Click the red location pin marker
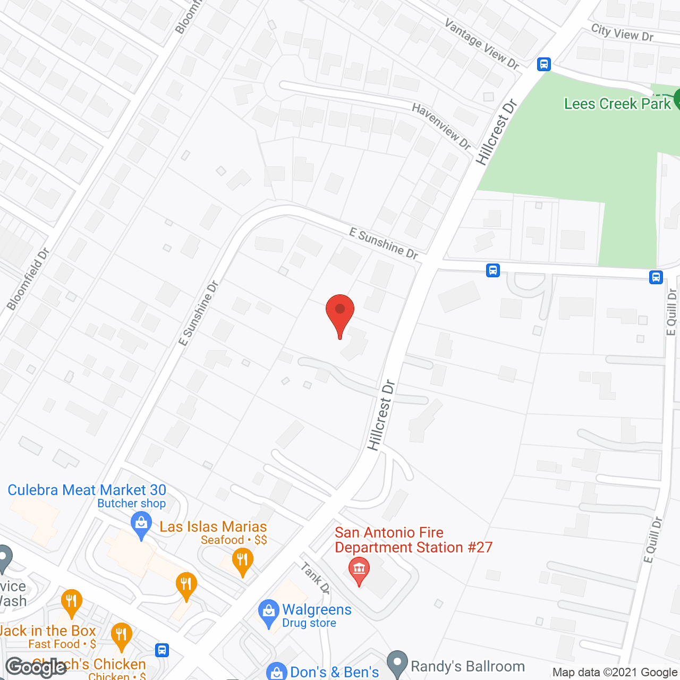pyautogui.click(x=340, y=313)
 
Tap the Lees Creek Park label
pyautogui.click(x=617, y=104)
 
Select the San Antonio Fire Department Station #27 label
pyautogui.click(x=413, y=540)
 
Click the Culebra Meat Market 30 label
pyautogui.click(x=87, y=490)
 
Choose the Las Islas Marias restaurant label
pyautogui.click(x=213, y=526)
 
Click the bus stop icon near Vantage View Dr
pyautogui.click(x=543, y=64)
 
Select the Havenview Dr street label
pyautogui.click(x=441, y=126)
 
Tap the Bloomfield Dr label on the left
pyautogui.click(x=28, y=279)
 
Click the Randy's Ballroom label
pyautogui.click(x=467, y=666)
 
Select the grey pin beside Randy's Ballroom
pyautogui.click(x=397, y=663)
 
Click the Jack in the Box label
pyautogui.click(x=48, y=631)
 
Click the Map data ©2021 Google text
pyautogui.click(x=615, y=672)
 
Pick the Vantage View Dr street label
pyautogui.click(x=481, y=44)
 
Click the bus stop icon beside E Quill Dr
pyautogui.click(x=656, y=277)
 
